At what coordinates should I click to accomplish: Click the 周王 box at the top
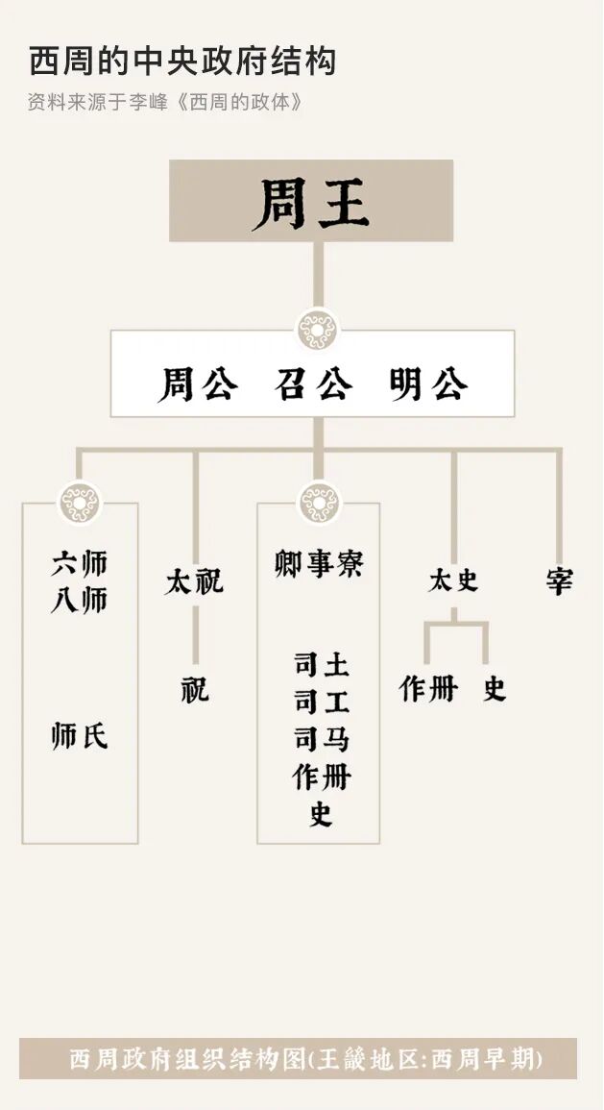coord(311,201)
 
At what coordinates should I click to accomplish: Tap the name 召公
coord(313,384)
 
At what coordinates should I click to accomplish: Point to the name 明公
coord(428,384)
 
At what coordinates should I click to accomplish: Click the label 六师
coord(80,564)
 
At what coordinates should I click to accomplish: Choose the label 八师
coord(80,601)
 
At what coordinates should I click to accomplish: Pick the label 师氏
coord(80,737)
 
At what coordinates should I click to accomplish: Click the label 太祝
coord(194,581)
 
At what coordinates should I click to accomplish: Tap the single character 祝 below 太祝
coord(195,689)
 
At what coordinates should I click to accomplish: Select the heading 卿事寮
coord(319,564)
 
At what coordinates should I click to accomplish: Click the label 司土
coord(321,665)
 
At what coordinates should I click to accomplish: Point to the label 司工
coord(321,703)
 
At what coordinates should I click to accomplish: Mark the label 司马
coord(321,739)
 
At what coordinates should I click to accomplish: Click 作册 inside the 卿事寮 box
coord(321,777)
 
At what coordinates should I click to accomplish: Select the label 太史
coord(453,581)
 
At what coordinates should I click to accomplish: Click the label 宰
coord(559,581)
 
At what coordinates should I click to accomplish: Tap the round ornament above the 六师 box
coord(80,503)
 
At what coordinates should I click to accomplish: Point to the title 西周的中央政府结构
coord(182,62)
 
